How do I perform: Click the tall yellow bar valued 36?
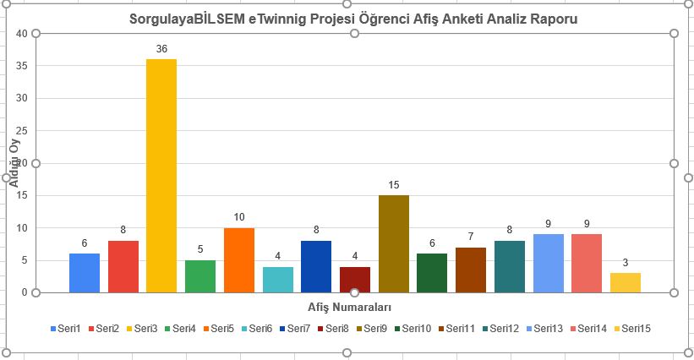pyautogui.click(x=161, y=176)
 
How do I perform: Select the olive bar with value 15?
pyautogui.click(x=393, y=243)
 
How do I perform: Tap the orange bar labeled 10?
pyautogui.click(x=239, y=260)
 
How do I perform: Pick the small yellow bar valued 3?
pyautogui.click(x=625, y=282)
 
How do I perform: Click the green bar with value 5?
pyautogui.click(x=200, y=276)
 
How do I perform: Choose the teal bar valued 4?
pyautogui.click(x=277, y=280)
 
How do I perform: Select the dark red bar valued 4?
pyautogui.click(x=355, y=280)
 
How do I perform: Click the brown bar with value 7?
pyautogui.click(x=471, y=270)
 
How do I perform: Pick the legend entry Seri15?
pyautogui.click(x=637, y=327)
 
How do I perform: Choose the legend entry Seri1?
pyautogui.click(x=68, y=327)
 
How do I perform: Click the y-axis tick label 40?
pyautogui.click(x=23, y=33)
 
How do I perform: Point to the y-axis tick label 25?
pyautogui.click(x=23, y=130)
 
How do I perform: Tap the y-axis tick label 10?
pyautogui.click(x=23, y=228)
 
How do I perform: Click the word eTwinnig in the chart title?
pyautogui.click(x=285, y=18)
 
